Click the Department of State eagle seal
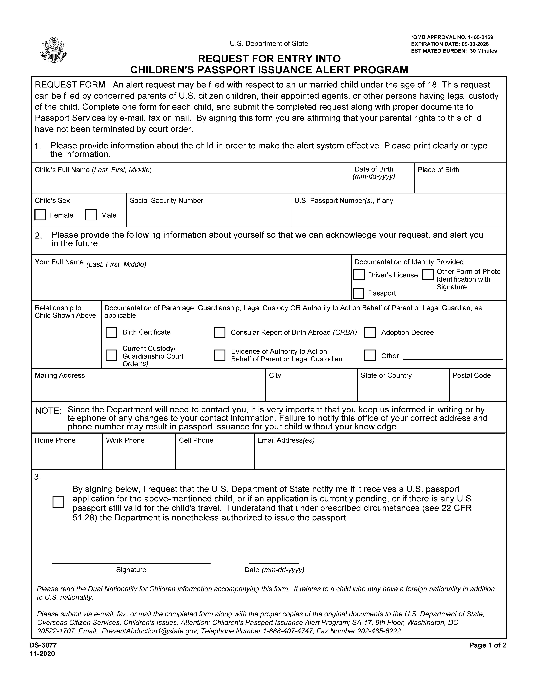coord(54,50)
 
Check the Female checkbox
coord(40,215)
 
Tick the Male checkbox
coord(91,215)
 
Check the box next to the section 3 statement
coord(58,502)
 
